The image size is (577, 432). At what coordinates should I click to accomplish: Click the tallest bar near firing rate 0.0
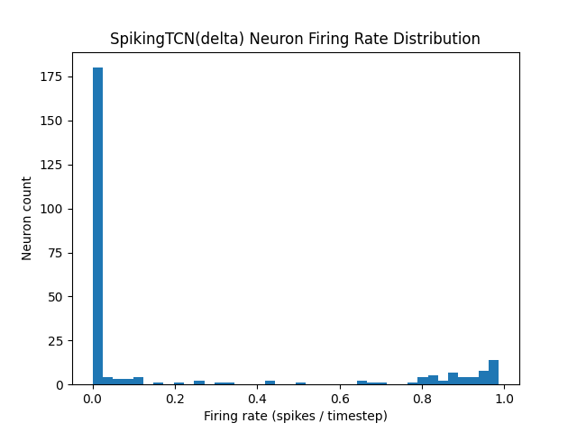tap(97, 225)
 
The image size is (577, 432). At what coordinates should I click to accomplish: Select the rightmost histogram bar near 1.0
tap(493, 373)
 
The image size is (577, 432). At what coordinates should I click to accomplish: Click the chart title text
tap(295, 39)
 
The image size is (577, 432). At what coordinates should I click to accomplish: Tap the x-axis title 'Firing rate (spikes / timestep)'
tap(295, 416)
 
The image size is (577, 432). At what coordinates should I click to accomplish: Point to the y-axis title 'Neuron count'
tap(27, 219)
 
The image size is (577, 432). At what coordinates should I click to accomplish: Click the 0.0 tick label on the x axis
tap(93, 399)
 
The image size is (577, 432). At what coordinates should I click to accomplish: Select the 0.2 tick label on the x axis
tap(175, 399)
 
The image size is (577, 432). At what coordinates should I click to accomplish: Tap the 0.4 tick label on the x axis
tap(258, 399)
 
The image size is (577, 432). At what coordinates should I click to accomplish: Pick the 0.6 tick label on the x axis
tap(340, 399)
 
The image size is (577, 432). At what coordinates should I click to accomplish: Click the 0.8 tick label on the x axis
tap(422, 399)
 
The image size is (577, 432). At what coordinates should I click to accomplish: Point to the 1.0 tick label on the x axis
tap(504, 399)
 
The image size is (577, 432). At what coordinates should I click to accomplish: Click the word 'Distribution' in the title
tap(437, 39)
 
